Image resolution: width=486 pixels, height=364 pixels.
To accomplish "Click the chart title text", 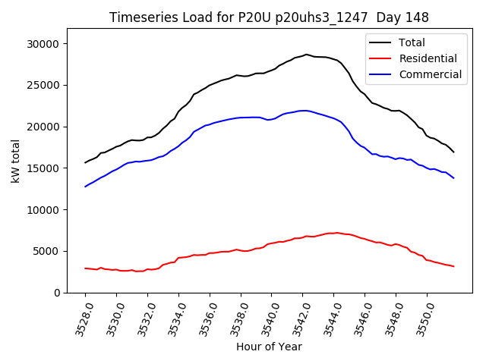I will pyautogui.click(x=269, y=17).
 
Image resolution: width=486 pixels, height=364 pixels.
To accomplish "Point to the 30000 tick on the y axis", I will pyautogui.click(x=43, y=44).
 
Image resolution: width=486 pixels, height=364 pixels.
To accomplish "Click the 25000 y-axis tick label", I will pyautogui.click(x=43, y=85).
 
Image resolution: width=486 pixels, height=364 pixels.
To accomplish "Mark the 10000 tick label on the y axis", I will pyautogui.click(x=43, y=209).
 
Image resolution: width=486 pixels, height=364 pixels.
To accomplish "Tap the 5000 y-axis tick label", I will pyautogui.click(x=46, y=251).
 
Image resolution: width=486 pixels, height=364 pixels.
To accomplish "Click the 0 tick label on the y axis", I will pyautogui.click(x=56, y=293).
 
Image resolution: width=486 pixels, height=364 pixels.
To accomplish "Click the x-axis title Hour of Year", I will pyautogui.click(x=269, y=347).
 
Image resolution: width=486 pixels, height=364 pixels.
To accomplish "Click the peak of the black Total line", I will pyautogui.click(x=307, y=55).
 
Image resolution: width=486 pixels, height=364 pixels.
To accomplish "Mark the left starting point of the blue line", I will pyautogui.click(x=86, y=187).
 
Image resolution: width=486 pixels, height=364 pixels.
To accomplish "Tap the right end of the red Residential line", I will pyautogui.click(x=453, y=266).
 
